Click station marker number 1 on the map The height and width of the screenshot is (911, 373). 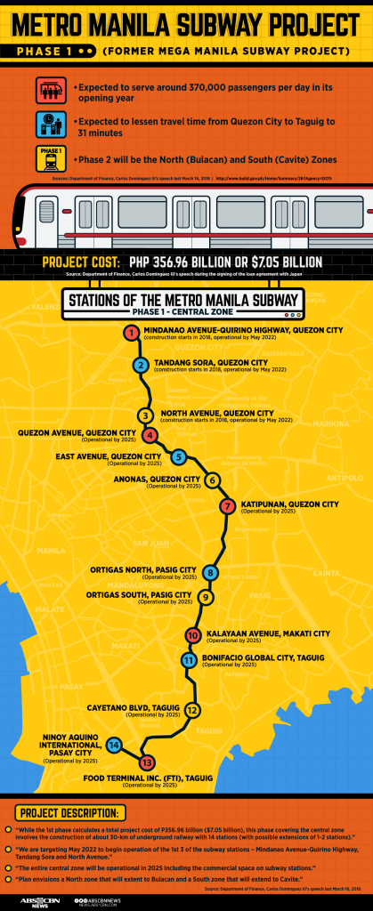point(131,334)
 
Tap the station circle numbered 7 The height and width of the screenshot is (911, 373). point(227,506)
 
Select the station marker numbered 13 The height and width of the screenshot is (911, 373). point(147,762)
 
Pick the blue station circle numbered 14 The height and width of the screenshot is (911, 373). point(114,744)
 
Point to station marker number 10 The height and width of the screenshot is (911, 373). point(192,635)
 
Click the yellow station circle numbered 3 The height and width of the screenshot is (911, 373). point(146,415)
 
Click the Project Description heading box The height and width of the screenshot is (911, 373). point(70,813)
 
